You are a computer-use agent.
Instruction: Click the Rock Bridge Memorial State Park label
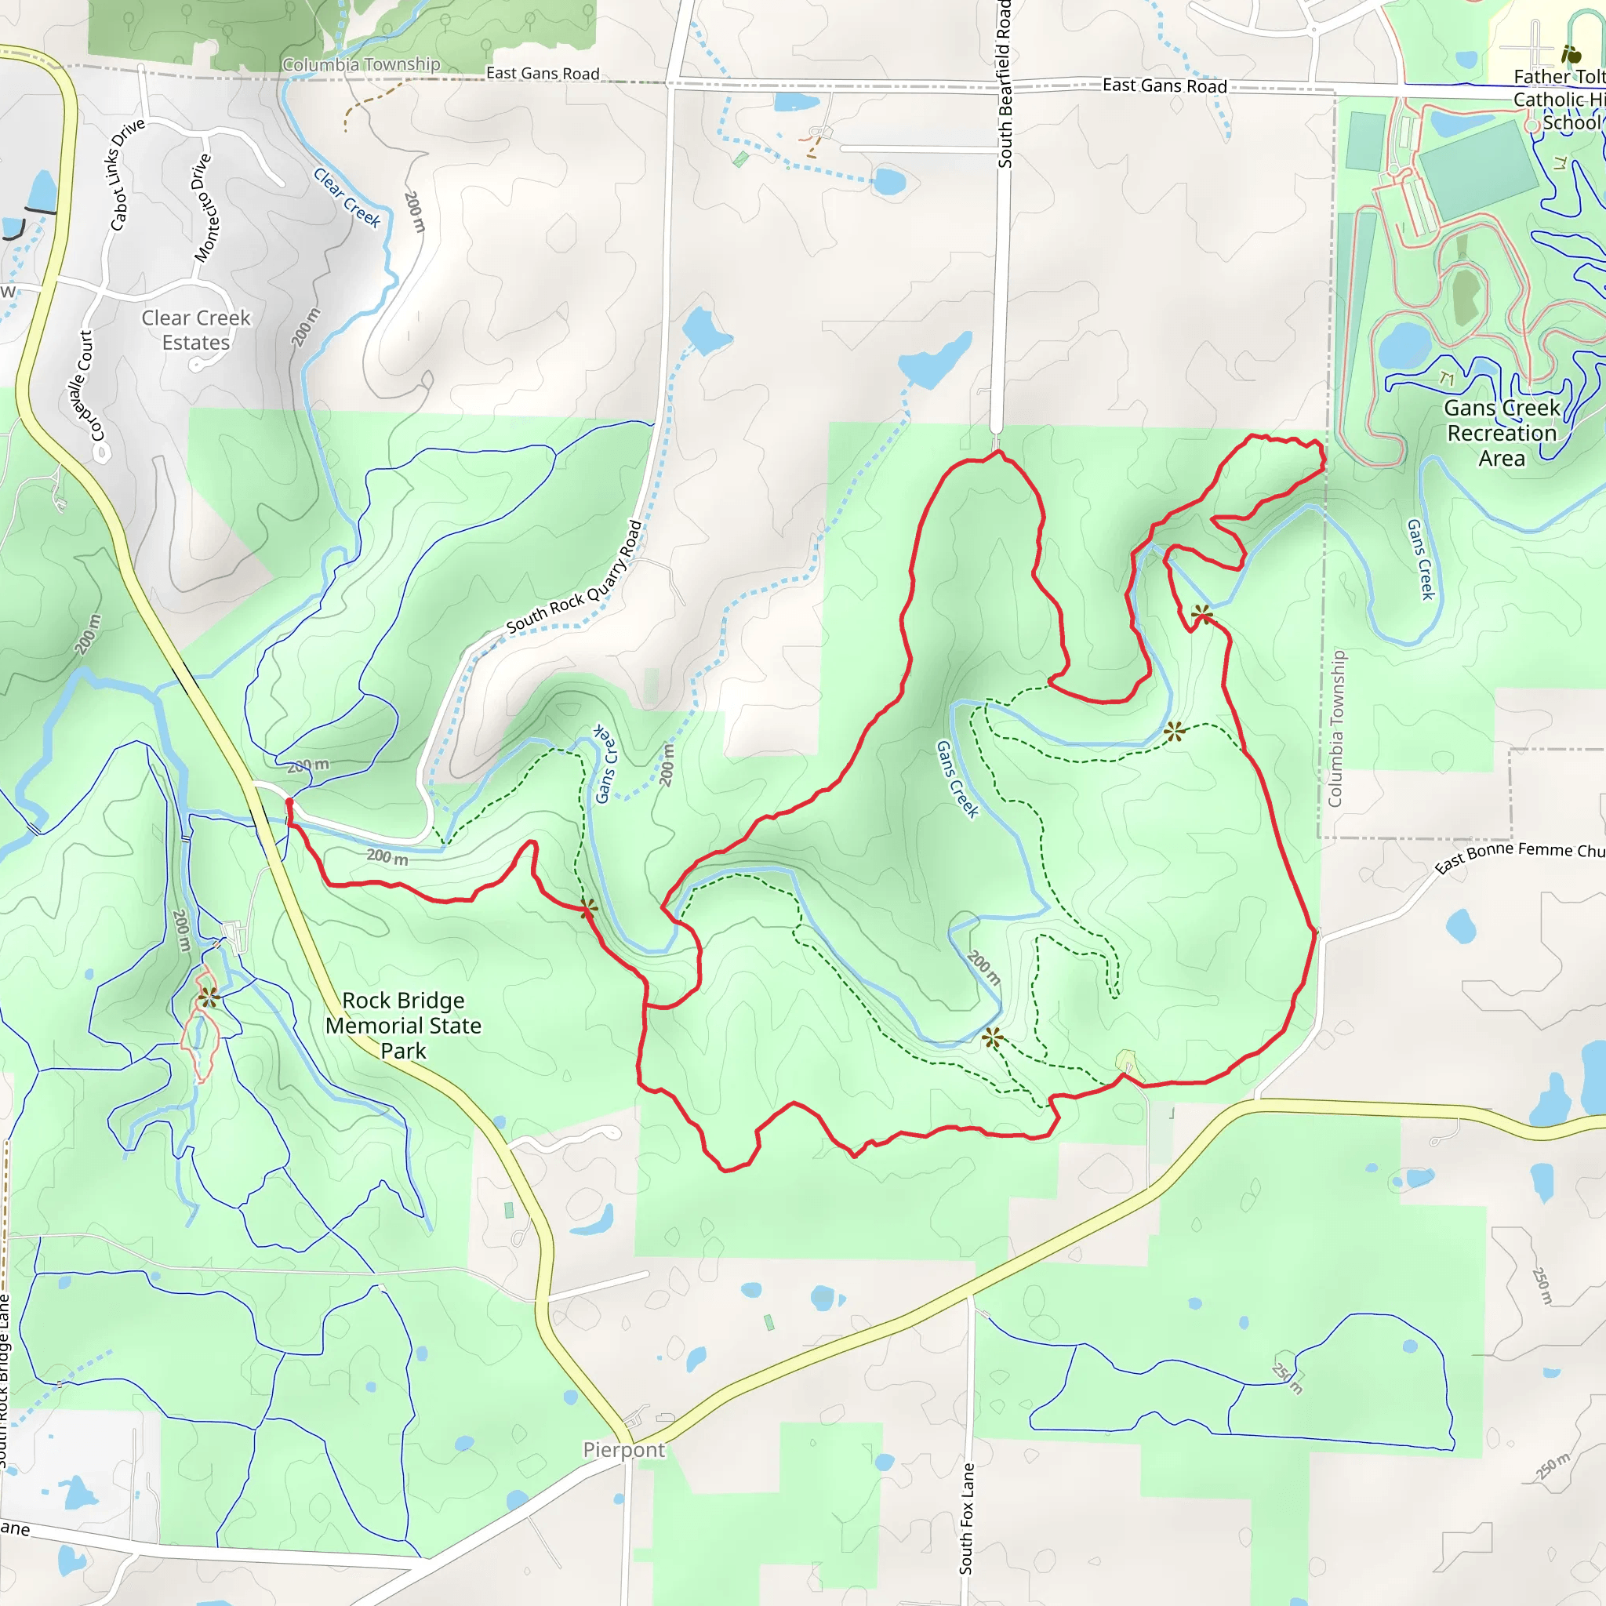tap(403, 1025)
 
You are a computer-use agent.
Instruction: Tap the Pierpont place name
tap(623, 1450)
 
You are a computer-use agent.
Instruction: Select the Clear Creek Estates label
tap(196, 330)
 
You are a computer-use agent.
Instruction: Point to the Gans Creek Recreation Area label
tap(1501, 433)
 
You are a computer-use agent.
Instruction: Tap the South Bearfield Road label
tap(1005, 83)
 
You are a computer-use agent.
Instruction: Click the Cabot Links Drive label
tap(127, 175)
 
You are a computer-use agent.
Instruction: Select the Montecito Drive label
tap(203, 208)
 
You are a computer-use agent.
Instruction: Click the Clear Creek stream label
tap(347, 198)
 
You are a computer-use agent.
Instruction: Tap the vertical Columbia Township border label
tap(1335, 729)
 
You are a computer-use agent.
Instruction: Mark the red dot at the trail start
tap(289, 801)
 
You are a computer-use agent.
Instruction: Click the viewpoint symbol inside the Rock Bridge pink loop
tap(208, 997)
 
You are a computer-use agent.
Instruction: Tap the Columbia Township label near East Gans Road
tap(361, 65)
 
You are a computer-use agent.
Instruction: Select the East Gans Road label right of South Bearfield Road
tap(1164, 85)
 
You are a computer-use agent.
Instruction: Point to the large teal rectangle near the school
tap(1478, 170)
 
